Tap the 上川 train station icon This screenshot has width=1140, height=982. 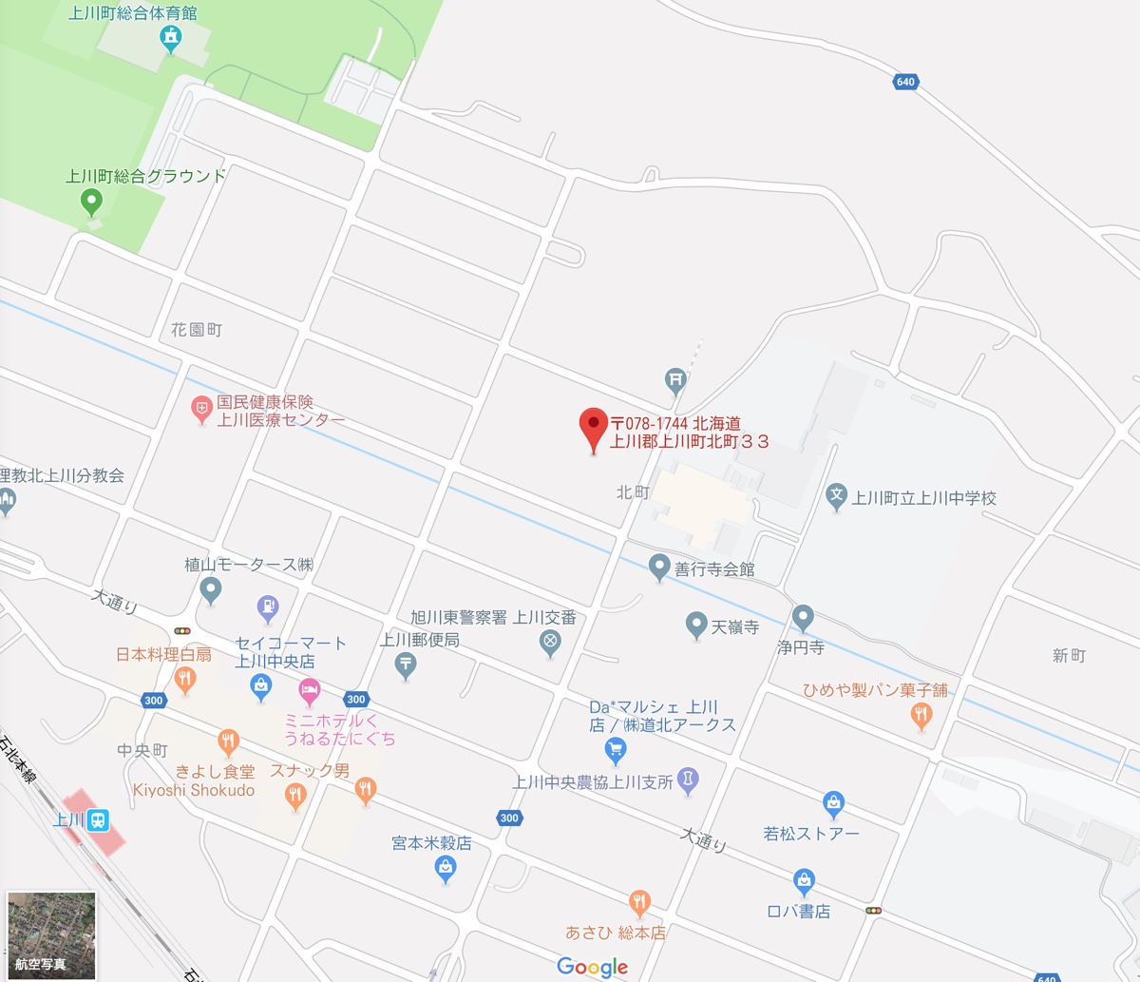(x=97, y=820)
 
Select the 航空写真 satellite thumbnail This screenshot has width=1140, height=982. (x=51, y=934)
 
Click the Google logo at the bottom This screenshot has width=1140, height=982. (x=593, y=967)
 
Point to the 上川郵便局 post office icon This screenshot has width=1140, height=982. (x=407, y=664)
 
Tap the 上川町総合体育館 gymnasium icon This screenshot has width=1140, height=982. (x=170, y=38)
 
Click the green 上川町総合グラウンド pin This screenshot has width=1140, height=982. (x=91, y=200)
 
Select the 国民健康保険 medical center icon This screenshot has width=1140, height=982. (x=201, y=410)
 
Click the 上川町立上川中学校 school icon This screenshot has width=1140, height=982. (x=836, y=494)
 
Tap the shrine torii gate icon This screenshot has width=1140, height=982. (x=675, y=379)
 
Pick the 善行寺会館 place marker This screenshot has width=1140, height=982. (x=659, y=568)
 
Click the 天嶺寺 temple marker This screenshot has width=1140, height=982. (x=696, y=625)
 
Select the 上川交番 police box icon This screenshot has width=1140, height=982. (x=548, y=644)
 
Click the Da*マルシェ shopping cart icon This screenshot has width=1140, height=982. (x=616, y=749)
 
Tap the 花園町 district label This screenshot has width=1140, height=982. (x=197, y=330)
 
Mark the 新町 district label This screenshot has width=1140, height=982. (x=1069, y=656)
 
